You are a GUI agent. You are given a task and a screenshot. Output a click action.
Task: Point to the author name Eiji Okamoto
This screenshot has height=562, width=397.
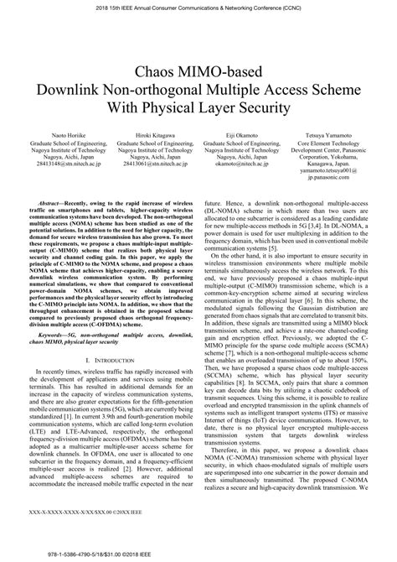242,134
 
